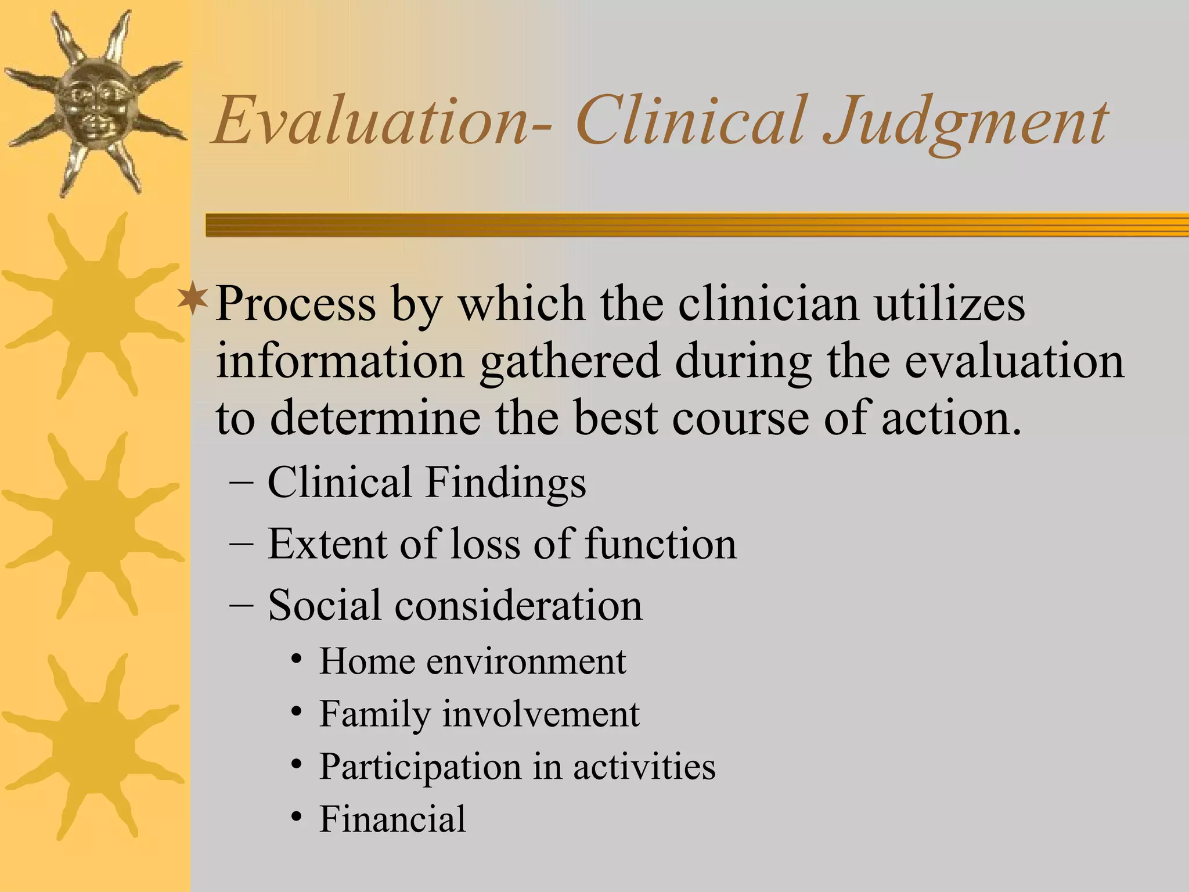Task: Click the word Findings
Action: pos(505,483)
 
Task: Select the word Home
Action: pos(366,661)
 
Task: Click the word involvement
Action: pos(541,714)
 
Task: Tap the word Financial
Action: pos(392,819)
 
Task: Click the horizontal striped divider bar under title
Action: pos(697,225)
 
